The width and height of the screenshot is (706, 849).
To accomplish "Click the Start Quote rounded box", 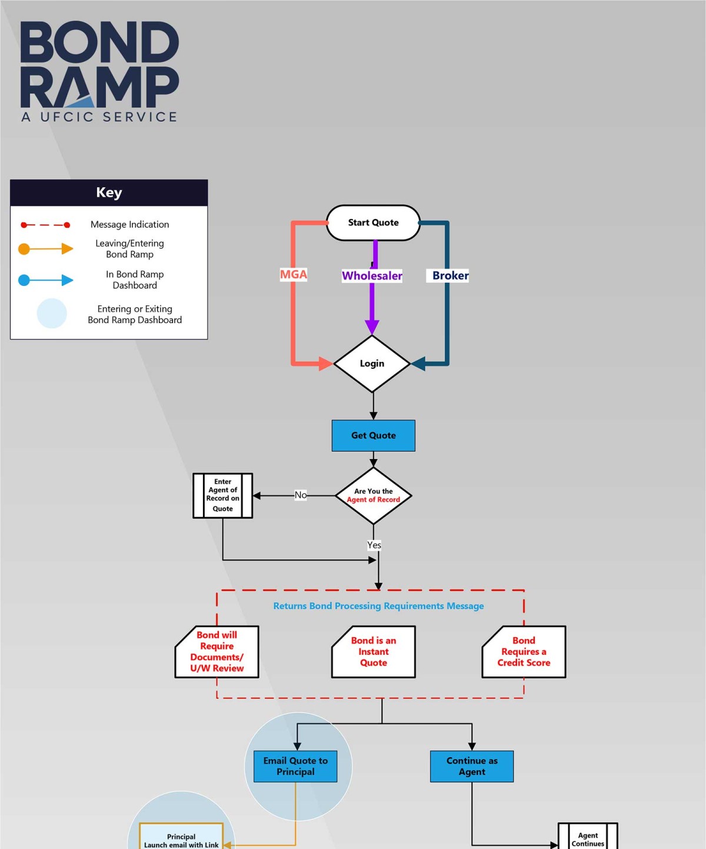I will tap(373, 222).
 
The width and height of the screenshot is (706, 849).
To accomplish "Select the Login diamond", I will tap(372, 364).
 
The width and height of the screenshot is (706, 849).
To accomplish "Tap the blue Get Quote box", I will tap(373, 435).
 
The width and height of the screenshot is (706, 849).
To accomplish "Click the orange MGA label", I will tap(293, 274).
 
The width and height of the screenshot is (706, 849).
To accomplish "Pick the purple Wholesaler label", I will tap(372, 275).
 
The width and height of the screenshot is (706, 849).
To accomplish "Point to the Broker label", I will tap(450, 275).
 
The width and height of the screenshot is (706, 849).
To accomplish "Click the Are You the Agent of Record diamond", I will tap(373, 495).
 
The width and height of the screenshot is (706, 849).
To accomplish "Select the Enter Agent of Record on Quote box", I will tap(222, 495).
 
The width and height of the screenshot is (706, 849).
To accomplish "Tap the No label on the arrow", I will tap(301, 495).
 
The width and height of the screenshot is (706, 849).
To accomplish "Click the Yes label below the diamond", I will tap(374, 545).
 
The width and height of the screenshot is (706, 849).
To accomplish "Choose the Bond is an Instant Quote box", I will tap(373, 651).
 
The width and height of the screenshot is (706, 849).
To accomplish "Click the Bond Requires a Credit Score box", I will tap(524, 651).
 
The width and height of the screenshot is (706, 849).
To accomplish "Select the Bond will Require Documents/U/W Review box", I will tap(217, 651).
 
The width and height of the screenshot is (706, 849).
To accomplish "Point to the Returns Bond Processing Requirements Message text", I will tap(378, 606).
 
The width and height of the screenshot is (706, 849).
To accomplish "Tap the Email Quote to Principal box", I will tap(295, 766).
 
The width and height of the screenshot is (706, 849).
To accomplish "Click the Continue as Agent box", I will tap(472, 766).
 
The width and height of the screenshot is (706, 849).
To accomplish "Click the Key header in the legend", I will tap(109, 192).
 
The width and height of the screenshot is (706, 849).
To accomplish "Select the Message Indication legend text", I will tap(129, 224).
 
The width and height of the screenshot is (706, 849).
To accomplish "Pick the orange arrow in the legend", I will tap(46, 249).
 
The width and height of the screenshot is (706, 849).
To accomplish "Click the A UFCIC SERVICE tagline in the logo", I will tap(99, 116).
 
